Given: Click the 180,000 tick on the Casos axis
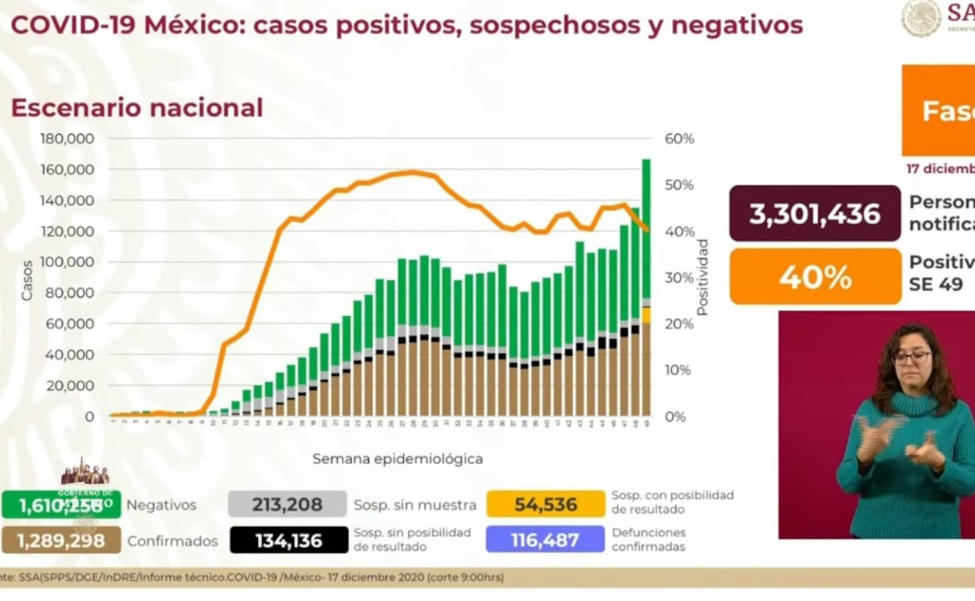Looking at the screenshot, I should pos(69,139).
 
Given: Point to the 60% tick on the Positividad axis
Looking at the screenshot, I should pos(679,139).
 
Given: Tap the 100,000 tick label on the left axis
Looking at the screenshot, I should pos(69,263).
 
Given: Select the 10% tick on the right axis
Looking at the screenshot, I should pos(679,370).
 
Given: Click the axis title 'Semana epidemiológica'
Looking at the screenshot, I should pos(398,458).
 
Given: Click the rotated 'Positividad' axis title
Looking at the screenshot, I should pos(703,277).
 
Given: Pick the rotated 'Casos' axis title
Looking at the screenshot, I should pos(28,280).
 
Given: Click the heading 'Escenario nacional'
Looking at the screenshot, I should pos(137,108).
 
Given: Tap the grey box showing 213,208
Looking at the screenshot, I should pos(288,504).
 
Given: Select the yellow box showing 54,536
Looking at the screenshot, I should pos(545,504).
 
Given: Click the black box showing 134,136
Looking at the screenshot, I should pos(288,540).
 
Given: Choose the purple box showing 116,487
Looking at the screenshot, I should pos(545,540).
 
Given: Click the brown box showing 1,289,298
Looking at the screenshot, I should pos(60,541).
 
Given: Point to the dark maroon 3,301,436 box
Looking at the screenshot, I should pos(814,214).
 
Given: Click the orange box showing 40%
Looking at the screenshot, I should pos(814,276).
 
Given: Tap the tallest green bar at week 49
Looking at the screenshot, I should pos(647,226).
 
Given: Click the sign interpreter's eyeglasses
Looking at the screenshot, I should pos(911,357).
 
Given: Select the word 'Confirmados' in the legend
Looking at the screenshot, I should pos(172,541).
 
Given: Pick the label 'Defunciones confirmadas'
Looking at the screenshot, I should pos(648,540).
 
